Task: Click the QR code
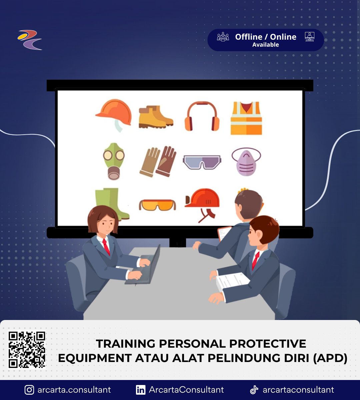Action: (x=27, y=350)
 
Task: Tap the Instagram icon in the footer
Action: (x=29, y=390)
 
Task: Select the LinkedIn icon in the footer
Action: (x=141, y=390)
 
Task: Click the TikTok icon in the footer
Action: (x=254, y=390)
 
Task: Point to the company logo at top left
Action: (x=30, y=40)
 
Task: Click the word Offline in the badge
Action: (x=249, y=37)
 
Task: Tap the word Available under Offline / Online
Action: (x=265, y=45)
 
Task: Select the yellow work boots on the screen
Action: (x=156, y=117)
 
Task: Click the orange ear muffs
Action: (x=202, y=116)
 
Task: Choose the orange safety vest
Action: (x=246, y=118)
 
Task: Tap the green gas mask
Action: (x=114, y=161)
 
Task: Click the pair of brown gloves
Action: (x=158, y=162)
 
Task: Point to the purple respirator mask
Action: (x=246, y=162)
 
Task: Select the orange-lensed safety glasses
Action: (x=157, y=205)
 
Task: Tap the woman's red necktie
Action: (x=106, y=247)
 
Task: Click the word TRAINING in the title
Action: (x=126, y=344)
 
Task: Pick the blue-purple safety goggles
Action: (x=202, y=162)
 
